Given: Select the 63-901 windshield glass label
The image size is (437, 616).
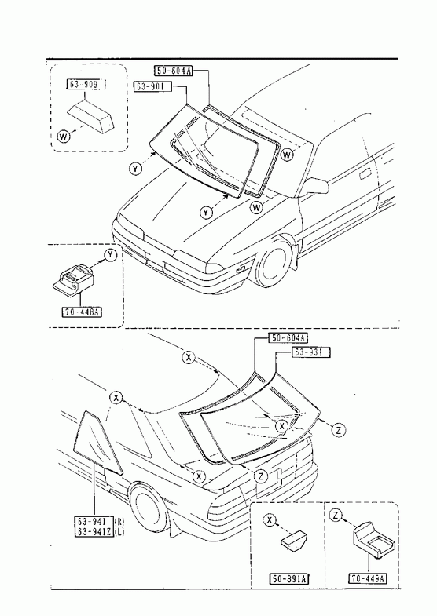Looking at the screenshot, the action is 153,86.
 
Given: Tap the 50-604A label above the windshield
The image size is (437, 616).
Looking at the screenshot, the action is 173,71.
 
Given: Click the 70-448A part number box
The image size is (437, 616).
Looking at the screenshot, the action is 83,312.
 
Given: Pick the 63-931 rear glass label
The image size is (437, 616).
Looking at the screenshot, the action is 310,352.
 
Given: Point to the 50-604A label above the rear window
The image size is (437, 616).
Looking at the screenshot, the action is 288,338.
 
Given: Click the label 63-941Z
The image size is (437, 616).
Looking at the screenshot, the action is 94,532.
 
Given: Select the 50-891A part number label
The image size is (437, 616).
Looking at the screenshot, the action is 289,578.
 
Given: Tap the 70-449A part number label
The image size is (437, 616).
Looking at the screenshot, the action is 368,578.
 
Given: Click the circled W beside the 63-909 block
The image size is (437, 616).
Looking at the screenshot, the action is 64,137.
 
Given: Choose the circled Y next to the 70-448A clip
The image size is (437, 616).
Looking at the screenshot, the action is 111,255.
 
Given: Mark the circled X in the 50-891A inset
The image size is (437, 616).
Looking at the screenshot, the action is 270,520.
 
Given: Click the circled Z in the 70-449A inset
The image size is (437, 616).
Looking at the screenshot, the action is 335,515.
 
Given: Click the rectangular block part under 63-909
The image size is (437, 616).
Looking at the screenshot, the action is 91,115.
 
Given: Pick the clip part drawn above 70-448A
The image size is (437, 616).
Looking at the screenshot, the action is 74,279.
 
